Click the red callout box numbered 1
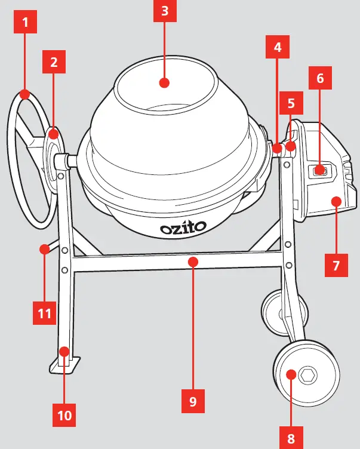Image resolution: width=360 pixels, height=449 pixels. click(x=24, y=23)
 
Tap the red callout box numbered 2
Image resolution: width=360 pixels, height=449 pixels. click(x=54, y=61)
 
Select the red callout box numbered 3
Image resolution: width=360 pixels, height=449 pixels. click(x=165, y=11)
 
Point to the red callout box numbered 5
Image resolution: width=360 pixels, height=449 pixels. click(x=291, y=103)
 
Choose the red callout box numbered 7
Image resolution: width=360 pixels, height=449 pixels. click(x=337, y=265)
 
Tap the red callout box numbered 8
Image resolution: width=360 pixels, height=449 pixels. click(x=291, y=438)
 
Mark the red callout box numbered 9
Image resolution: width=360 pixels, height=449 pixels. click(x=192, y=401)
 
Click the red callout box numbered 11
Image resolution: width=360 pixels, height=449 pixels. click(x=44, y=312)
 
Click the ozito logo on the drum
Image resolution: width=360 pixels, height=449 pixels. click(x=183, y=227)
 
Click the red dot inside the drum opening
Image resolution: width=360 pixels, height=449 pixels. click(x=165, y=82)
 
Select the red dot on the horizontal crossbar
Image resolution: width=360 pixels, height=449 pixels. click(x=192, y=261)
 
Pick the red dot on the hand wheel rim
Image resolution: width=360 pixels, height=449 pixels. click(x=24, y=94)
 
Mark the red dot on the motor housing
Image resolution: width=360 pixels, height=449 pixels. click(x=337, y=201)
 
